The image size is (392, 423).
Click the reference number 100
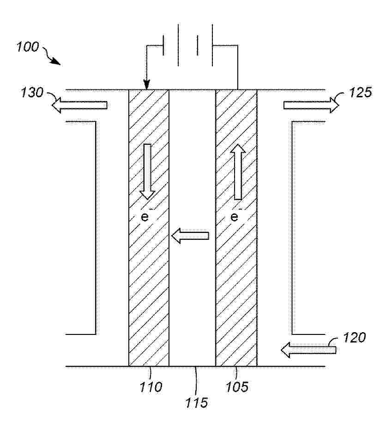[x=28, y=47]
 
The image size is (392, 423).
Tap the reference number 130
[x=32, y=93]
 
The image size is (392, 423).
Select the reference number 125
[x=361, y=92]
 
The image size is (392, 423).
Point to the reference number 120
[x=354, y=338]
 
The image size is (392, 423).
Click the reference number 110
[x=151, y=387]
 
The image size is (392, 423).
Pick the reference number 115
[x=197, y=403]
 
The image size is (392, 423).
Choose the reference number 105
[x=237, y=387]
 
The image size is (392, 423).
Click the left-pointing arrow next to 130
[x=79, y=105]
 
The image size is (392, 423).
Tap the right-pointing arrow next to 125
[x=311, y=105]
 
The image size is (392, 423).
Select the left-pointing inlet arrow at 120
[x=308, y=350]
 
